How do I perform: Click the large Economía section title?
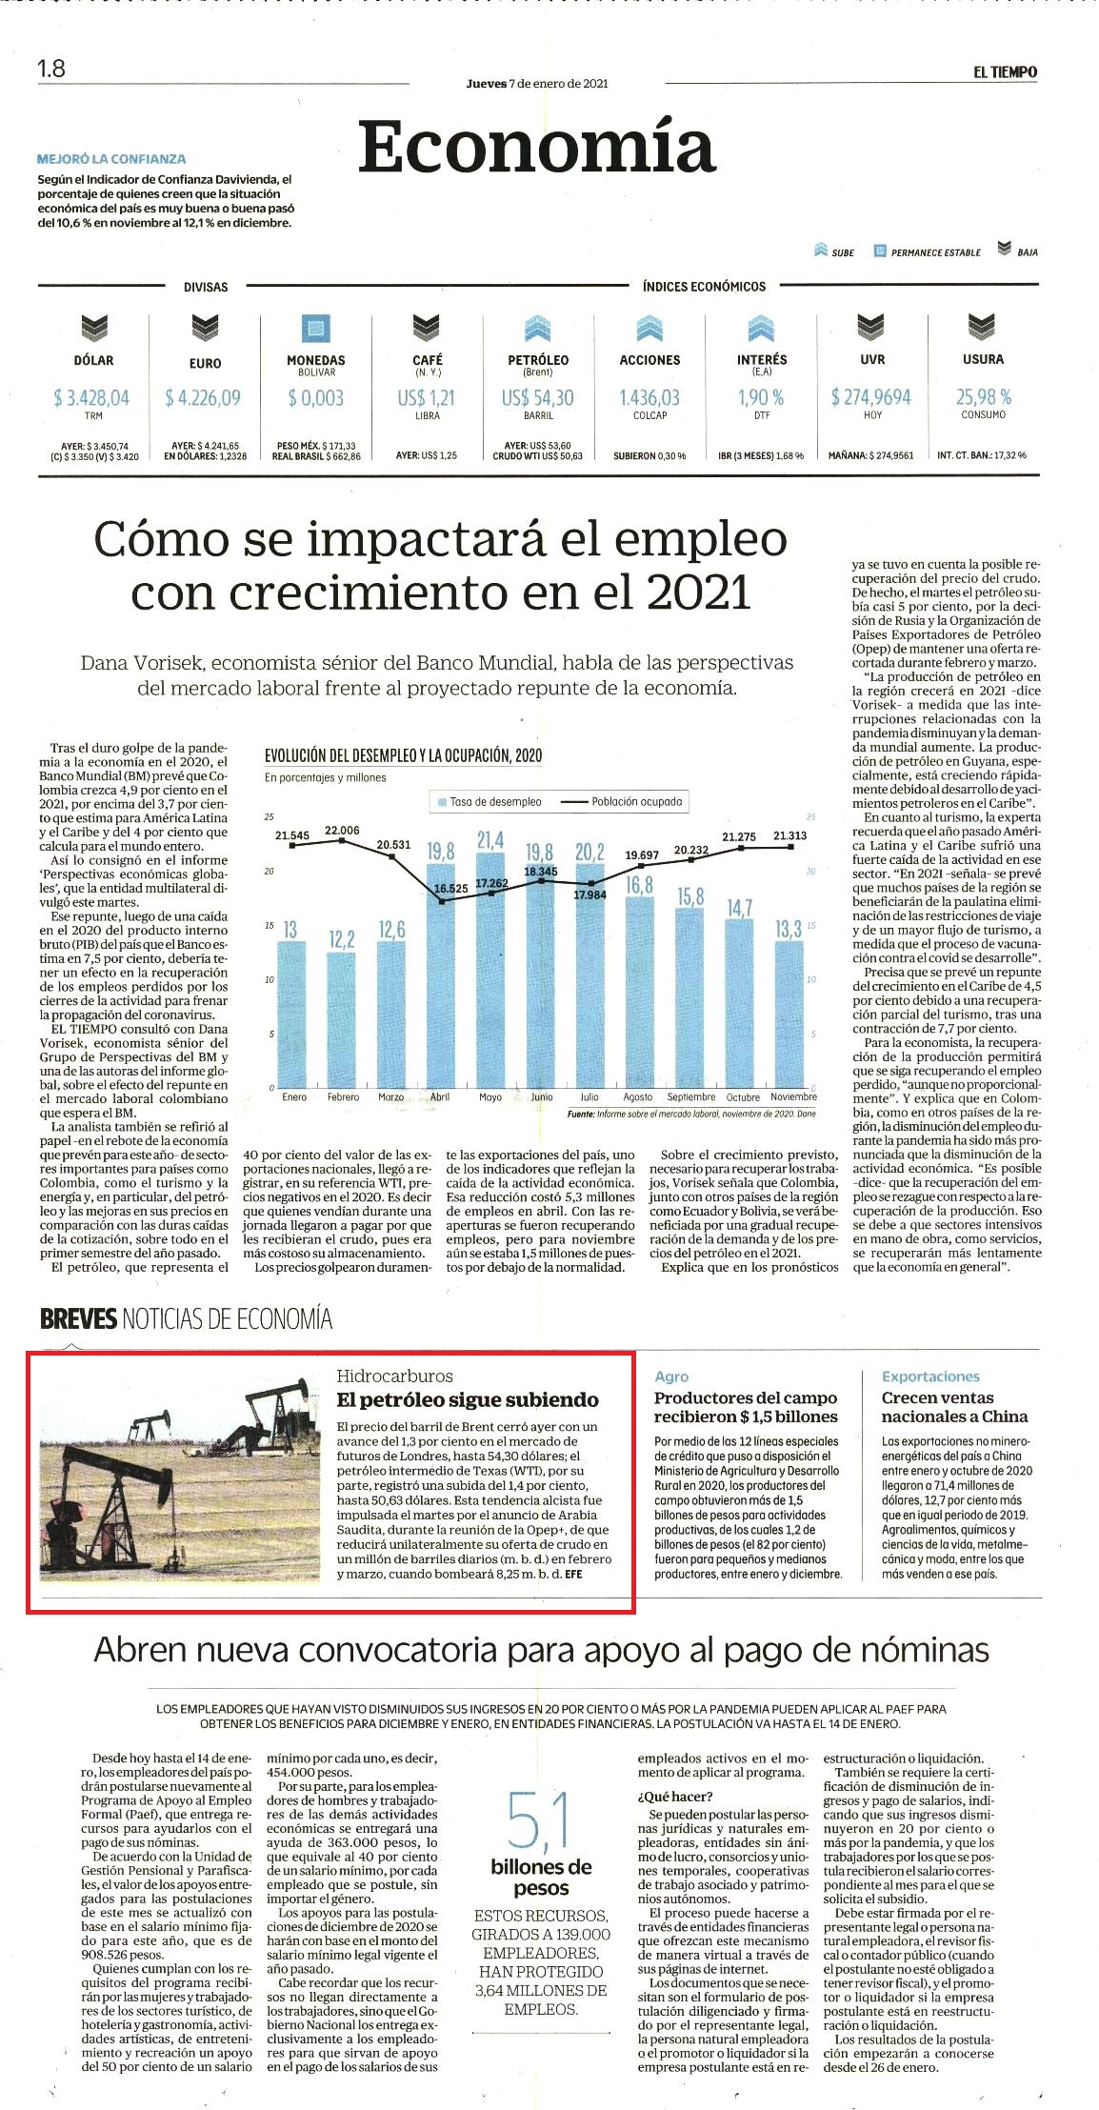pyautogui.click(x=537, y=148)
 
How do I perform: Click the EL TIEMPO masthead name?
pyautogui.click(x=1005, y=71)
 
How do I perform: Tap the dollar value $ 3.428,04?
pyautogui.click(x=91, y=397)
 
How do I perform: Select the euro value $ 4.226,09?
pyautogui.click(x=204, y=397)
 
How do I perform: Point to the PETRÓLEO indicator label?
pyautogui.click(x=538, y=360)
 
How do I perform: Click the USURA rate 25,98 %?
pyautogui.click(x=984, y=397)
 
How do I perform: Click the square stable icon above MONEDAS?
pyautogui.click(x=316, y=329)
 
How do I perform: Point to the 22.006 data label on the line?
pyautogui.click(x=343, y=831)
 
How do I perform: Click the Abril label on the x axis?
pyautogui.click(x=441, y=1096)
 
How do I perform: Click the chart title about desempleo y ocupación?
pyautogui.click(x=403, y=755)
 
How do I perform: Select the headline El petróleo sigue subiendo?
pyautogui.click(x=468, y=1399)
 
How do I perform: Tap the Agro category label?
pyautogui.click(x=671, y=1377)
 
